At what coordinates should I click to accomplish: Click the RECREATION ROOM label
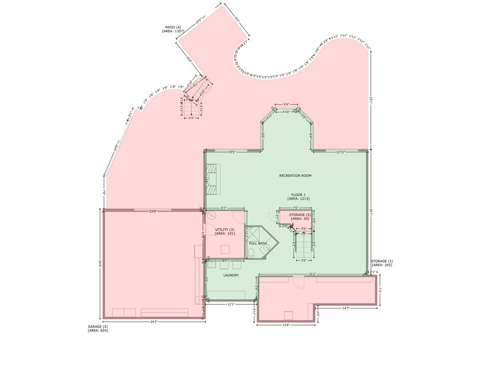click(295, 176)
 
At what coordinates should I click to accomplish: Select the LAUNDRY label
click(231, 275)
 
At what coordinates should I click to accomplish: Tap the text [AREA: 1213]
click(299, 199)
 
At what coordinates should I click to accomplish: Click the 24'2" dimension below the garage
click(155, 322)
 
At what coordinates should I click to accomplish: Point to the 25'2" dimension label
click(312, 274)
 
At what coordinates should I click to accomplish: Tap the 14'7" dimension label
click(347, 308)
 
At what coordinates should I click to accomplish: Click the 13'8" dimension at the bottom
click(286, 325)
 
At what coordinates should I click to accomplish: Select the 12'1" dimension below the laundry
click(231, 304)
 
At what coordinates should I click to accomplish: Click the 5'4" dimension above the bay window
click(286, 105)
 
